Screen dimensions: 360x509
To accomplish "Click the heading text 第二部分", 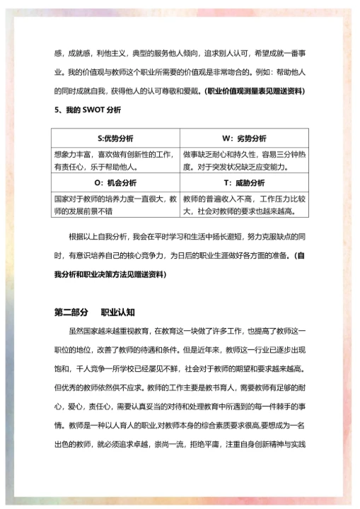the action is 71,311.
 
